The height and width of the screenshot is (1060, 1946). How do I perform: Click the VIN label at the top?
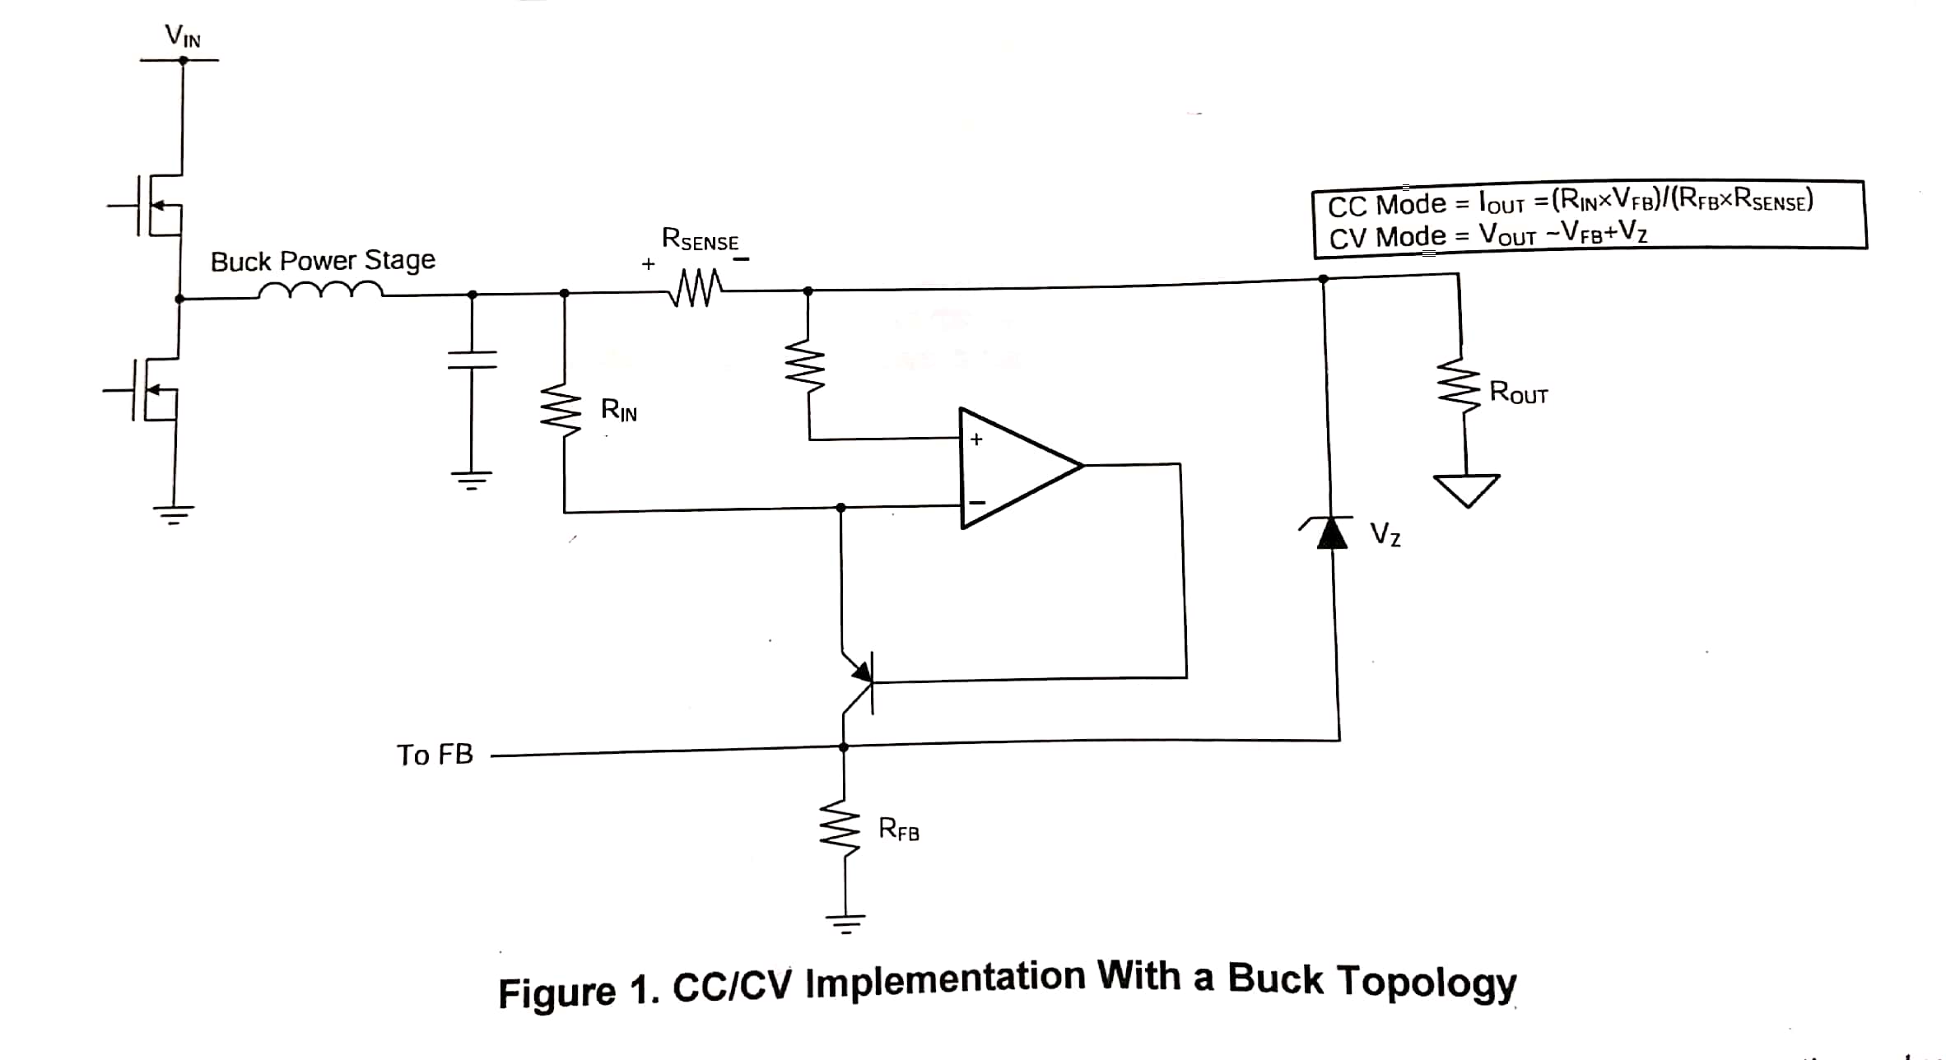tap(183, 35)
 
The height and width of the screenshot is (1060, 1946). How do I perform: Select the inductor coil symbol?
tap(321, 290)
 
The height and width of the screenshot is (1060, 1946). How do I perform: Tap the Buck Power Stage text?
tap(323, 261)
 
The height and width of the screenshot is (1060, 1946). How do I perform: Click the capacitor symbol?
tap(472, 360)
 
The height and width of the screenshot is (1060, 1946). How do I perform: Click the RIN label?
tap(619, 409)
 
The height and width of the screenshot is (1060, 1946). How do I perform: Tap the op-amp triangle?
tap(1022, 467)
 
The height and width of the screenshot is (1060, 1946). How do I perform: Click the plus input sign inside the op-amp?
tap(976, 439)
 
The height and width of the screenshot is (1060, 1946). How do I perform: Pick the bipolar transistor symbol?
tap(856, 682)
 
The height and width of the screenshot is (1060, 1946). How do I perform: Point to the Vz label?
tap(1385, 535)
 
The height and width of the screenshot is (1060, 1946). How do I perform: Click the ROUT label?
tap(1519, 393)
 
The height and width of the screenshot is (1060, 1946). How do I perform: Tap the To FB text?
tap(435, 755)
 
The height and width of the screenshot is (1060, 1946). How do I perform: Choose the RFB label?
tap(899, 828)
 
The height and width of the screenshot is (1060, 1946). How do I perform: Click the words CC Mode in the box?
tap(1387, 205)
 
